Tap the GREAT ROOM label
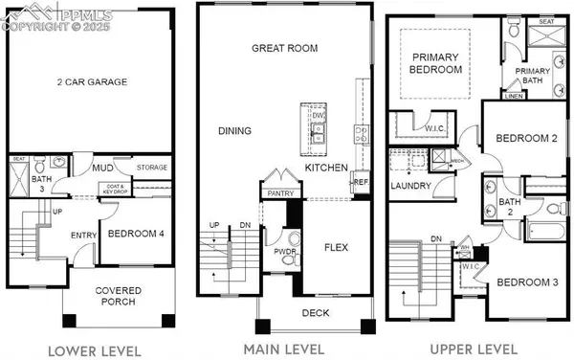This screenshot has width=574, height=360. [284, 48]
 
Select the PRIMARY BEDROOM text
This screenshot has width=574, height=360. [435, 63]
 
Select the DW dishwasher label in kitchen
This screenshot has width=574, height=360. [318, 116]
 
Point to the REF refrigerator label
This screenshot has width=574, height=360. [361, 182]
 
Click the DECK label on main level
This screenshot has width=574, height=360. [315, 312]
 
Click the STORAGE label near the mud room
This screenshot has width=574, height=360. [153, 168]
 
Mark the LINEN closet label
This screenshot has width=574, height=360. [513, 97]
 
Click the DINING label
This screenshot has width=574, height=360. [235, 131]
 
